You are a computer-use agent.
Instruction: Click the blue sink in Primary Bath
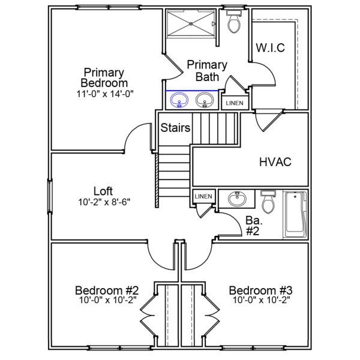click(179, 100)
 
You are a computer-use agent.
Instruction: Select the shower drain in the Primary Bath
click(191, 23)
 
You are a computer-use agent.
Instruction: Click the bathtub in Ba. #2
click(296, 215)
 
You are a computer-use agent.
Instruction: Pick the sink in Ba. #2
click(237, 199)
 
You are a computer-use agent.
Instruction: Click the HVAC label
click(275, 162)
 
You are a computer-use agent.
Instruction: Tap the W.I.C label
click(270, 47)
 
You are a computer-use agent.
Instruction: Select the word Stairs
click(175, 128)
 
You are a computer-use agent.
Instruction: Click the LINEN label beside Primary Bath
click(235, 103)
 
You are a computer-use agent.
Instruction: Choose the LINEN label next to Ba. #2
click(203, 196)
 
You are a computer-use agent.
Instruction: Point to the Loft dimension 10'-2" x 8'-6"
click(104, 202)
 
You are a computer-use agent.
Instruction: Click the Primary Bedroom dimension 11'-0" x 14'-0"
click(105, 94)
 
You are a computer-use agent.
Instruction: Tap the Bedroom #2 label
click(107, 290)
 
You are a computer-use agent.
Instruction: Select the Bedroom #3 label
click(261, 290)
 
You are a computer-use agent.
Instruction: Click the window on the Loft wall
click(50, 197)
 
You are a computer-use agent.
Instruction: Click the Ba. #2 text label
click(254, 226)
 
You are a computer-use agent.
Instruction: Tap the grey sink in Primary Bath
click(205, 100)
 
